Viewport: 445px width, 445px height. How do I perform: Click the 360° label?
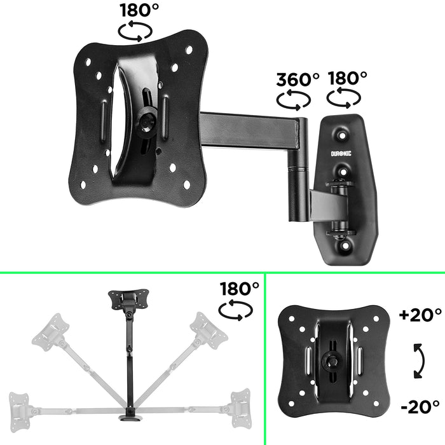tap(298, 79)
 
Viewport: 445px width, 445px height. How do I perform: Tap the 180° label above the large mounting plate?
tap(139, 11)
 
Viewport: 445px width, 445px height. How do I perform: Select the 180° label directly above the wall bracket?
tap(348, 78)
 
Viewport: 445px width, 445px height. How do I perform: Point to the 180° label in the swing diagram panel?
tap(240, 288)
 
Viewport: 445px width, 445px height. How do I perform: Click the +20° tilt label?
tap(420, 315)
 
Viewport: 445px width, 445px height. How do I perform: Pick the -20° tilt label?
tap(420, 406)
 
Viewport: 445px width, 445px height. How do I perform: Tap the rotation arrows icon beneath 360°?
tap(293, 100)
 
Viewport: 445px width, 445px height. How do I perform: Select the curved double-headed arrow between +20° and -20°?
tap(418, 360)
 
